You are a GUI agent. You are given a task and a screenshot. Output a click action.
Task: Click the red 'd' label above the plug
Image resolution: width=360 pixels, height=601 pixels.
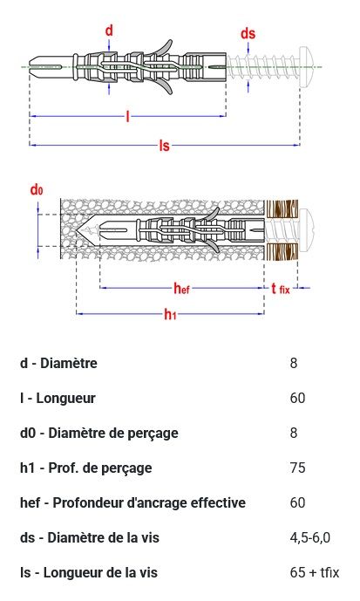click(109, 31)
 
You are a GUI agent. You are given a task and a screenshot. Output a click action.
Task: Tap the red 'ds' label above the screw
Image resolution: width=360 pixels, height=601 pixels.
click(248, 33)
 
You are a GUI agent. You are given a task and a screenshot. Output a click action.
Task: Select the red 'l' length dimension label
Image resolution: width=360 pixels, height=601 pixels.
click(128, 116)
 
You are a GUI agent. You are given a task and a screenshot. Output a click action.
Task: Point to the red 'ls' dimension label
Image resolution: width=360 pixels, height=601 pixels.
click(164, 146)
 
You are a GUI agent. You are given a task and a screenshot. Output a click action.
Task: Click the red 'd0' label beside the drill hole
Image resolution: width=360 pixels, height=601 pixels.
click(37, 189)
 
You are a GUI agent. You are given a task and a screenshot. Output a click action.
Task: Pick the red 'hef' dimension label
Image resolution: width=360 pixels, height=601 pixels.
click(181, 288)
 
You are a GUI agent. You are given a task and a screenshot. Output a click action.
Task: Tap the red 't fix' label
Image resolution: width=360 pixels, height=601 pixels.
click(281, 289)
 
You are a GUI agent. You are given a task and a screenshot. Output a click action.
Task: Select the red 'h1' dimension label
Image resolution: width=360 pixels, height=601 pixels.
click(171, 314)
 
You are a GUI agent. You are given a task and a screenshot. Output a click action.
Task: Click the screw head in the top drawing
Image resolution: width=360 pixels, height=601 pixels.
click(308, 67)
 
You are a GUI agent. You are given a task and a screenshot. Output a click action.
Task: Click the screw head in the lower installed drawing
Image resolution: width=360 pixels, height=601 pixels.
click(307, 231)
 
